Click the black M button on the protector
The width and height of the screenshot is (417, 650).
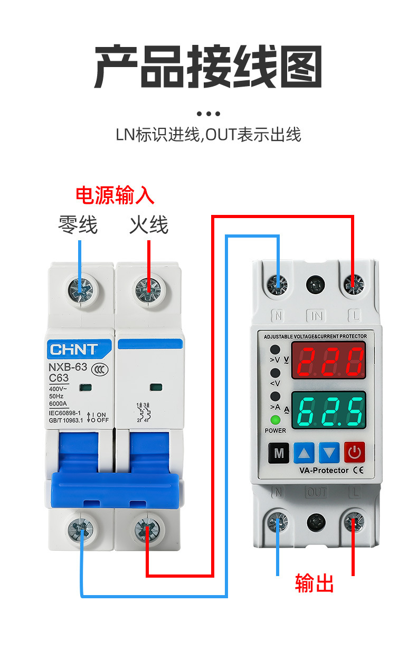click(x=279, y=452)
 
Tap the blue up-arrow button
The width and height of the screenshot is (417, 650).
click(x=304, y=452)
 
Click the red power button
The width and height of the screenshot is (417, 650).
click(x=355, y=452)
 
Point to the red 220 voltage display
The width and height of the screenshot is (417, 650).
click(x=329, y=362)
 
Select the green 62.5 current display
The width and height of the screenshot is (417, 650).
click(x=329, y=410)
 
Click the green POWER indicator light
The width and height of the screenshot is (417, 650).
click(x=275, y=421)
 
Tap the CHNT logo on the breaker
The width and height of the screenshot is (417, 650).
click(x=73, y=350)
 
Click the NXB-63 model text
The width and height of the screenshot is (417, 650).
click(x=68, y=368)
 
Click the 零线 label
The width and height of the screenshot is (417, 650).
click(x=78, y=225)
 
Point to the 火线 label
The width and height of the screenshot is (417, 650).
click(x=149, y=225)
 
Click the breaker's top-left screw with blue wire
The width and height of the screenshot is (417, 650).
click(x=81, y=289)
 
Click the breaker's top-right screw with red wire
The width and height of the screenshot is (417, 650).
click(x=148, y=289)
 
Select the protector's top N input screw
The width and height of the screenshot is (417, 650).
click(x=278, y=285)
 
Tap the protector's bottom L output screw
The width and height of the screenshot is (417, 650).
click(x=353, y=523)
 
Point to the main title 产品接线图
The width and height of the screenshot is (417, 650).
click(x=208, y=67)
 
